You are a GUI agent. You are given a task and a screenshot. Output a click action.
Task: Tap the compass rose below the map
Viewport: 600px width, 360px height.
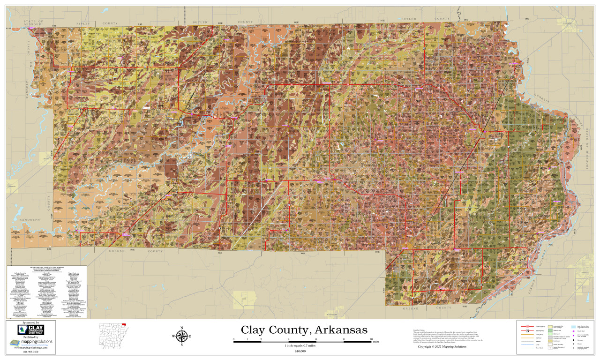(x=183, y=336)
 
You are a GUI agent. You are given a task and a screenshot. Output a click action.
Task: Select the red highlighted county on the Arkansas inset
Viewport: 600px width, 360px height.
(x=124, y=324)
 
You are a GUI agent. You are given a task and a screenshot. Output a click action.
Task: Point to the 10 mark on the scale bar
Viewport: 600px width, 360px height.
(x=372, y=338)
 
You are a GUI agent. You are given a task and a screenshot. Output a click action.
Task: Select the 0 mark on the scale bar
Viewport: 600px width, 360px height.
(x=233, y=338)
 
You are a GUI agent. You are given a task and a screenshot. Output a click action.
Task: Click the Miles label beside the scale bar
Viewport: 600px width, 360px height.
(x=376, y=342)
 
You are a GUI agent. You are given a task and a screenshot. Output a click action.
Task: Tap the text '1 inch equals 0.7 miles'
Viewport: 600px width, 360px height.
(x=303, y=345)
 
